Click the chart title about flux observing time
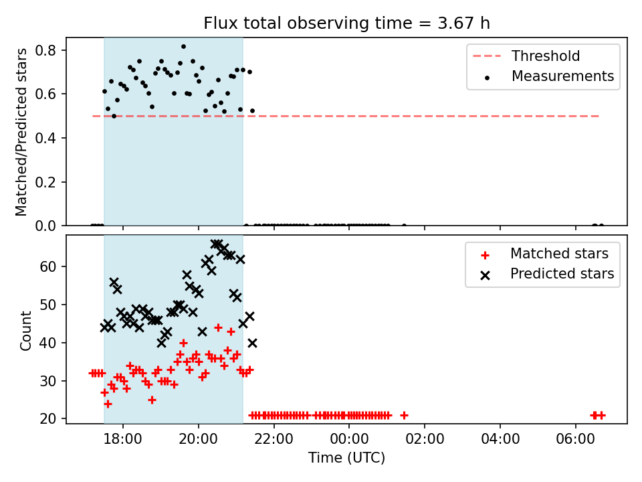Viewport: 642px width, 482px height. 347,23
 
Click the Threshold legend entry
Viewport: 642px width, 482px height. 526,56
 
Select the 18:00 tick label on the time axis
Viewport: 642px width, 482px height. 123,439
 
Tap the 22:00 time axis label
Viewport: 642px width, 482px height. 274,439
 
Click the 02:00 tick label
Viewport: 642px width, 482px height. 425,439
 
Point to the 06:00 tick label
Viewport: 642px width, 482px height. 575,439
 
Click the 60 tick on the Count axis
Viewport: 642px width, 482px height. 48,266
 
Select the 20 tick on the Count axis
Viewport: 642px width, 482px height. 48,418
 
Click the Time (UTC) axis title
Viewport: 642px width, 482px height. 347,457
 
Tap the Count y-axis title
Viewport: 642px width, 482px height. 25,330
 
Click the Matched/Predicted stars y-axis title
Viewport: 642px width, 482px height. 21,132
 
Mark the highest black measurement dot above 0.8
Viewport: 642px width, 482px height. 183,47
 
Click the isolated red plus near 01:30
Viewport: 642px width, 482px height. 404,416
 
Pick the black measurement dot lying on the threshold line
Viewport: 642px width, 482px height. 114,116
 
